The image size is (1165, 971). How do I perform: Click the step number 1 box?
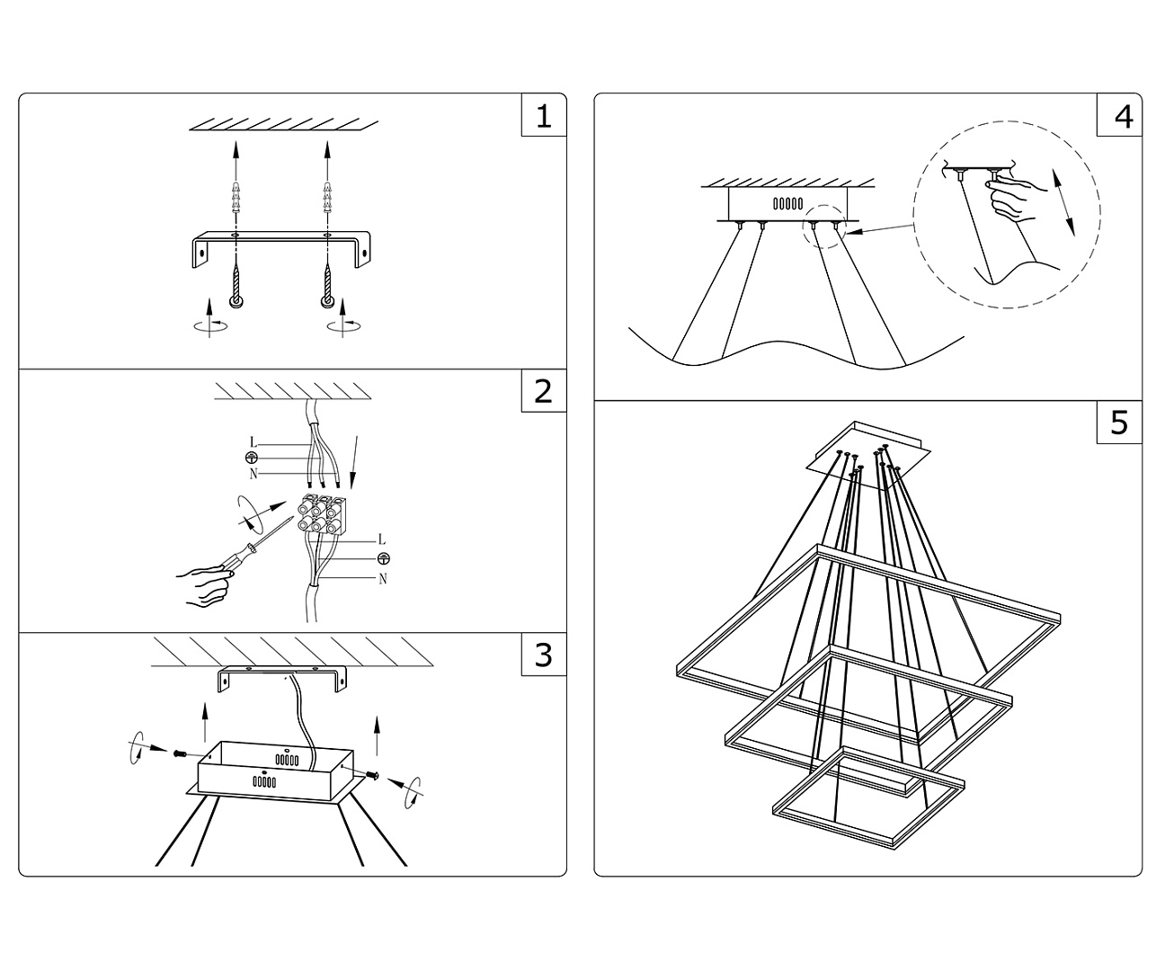click(543, 116)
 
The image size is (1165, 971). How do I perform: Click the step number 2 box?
click(543, 391)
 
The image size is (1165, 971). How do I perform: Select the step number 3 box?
click(543, 655)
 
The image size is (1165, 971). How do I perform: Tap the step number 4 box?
click(1119, 116)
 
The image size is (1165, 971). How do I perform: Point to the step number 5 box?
click(1119, 422)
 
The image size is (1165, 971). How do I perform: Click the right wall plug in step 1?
click(327, 198)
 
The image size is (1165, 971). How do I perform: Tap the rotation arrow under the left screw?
click(209, 325)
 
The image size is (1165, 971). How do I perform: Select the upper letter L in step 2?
click(253, 442)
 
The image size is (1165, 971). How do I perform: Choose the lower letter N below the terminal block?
click(382, 578)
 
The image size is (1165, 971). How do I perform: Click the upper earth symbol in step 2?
click(252, 459)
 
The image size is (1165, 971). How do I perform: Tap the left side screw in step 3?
click(179, 752)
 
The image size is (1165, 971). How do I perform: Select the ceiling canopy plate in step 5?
click(865, 454)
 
